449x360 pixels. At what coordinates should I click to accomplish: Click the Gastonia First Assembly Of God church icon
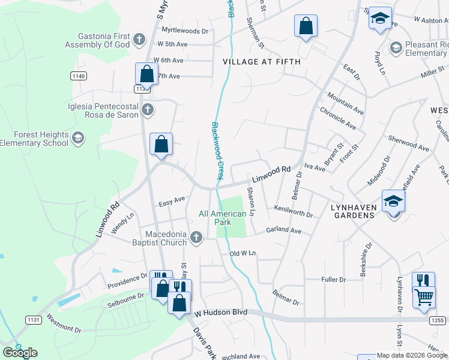click(139, 40)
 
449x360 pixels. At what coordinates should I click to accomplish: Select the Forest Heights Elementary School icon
click(77, 139)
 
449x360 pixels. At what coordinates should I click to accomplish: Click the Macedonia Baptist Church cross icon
click(195, 239)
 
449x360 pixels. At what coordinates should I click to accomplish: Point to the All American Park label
click(223, 218)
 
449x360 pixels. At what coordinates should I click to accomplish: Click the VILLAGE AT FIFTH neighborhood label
click(261, 61)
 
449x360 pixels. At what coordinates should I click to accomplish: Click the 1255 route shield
click(438, 321)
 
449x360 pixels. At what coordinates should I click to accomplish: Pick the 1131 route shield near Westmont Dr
click(34, 320)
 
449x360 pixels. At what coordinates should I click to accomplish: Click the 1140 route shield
click(78, 76)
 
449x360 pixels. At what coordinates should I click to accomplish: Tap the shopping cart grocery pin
click(424, 297)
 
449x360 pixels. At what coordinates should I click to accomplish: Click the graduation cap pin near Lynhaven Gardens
click(394, 201)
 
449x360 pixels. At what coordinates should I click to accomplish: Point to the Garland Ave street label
click(283, 230)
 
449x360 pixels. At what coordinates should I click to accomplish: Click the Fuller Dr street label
click(334, 280)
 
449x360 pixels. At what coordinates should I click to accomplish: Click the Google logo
click(20, 353)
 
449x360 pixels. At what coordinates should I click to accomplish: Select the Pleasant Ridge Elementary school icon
click(396, 47)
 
